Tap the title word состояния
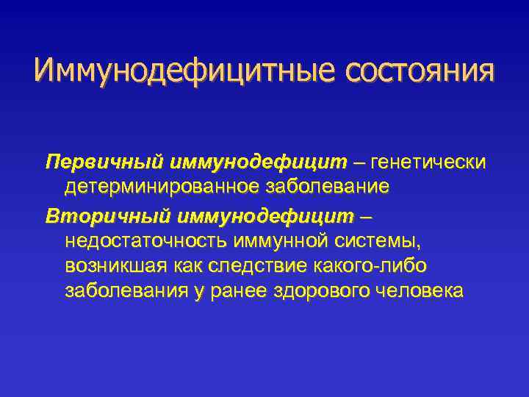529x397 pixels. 415,72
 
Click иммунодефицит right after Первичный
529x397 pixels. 258,161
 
